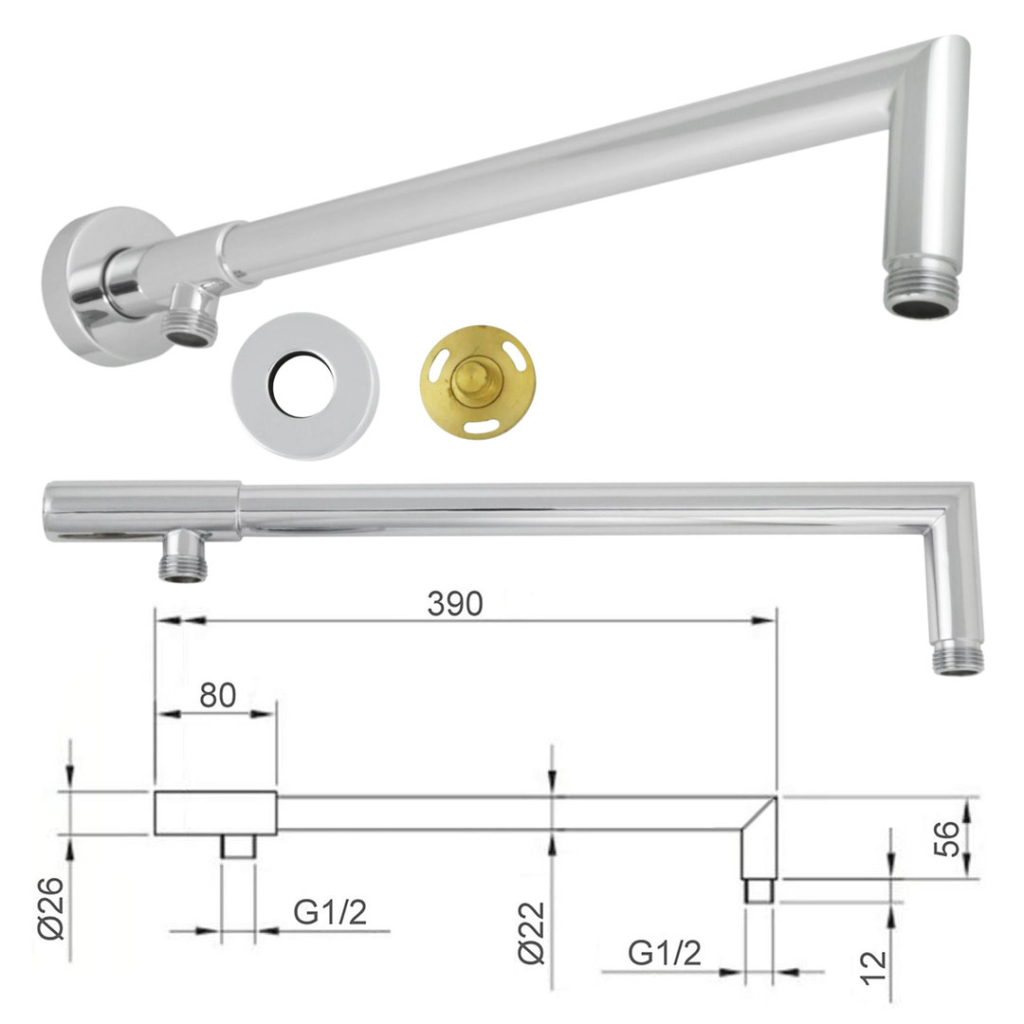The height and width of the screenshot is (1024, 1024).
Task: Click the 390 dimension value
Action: (x=455, y=604)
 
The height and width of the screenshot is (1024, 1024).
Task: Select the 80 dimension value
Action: (x=217, y=696)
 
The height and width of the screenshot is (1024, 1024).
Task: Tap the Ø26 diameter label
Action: (x=51, y=907)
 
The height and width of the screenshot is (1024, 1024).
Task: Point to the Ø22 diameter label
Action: (x=531, y=933)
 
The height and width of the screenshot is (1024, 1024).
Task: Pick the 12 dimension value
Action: (x=874, y=968)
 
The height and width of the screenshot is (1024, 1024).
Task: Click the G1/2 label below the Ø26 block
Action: (x=330, y=912)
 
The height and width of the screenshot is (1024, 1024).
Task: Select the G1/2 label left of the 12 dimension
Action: (x=664, y=953)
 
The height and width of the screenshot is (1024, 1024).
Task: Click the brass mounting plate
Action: (x=478, y=379)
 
